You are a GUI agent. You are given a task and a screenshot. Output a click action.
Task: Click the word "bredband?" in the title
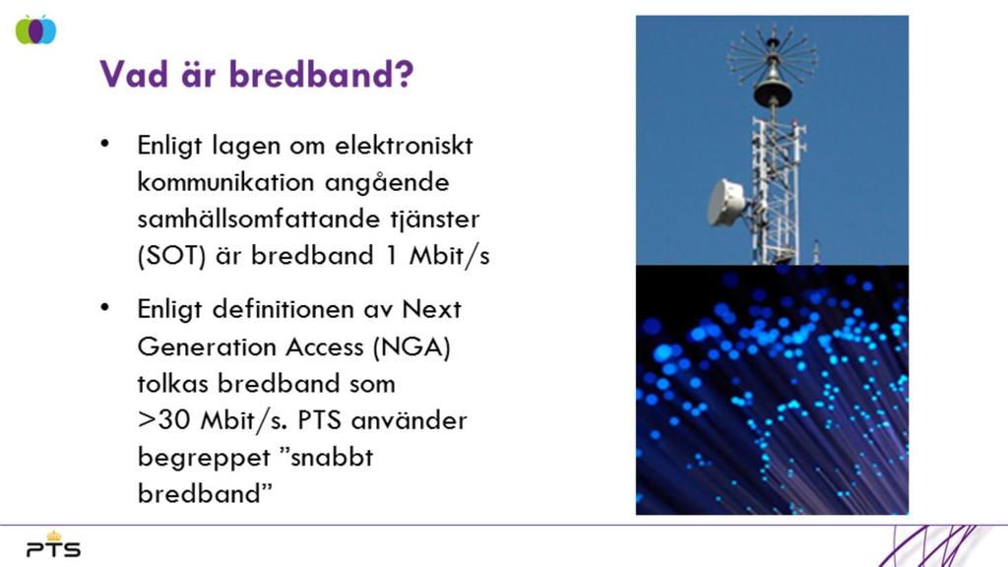(x=322, y=74)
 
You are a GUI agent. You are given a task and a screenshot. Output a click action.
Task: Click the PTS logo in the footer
(x=53, y=544)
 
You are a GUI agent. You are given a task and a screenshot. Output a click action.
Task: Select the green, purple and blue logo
(x=36, y=30)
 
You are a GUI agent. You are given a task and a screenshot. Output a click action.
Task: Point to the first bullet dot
(x=104, y=144)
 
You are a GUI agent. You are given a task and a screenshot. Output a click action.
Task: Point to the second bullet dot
(x=104, y=308)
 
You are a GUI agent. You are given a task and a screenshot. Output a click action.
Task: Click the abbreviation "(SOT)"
(x=171, y=256)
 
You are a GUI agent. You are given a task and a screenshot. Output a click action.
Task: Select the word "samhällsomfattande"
(x=256, y=219)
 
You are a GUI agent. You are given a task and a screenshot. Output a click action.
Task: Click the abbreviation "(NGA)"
(x=411, y=347)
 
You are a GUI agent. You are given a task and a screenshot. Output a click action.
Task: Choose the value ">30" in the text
(x=164, y=420)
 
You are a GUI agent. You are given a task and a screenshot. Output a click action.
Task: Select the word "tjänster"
(x=434, y=220)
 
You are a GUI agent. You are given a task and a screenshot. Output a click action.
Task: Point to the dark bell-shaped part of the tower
(x=772, y=87)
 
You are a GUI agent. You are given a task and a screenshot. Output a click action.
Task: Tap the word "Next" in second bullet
(x=431, y=310)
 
